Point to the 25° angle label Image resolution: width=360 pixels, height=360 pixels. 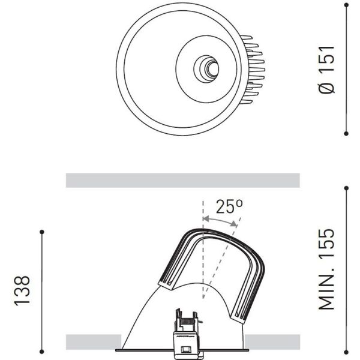coord(229,207)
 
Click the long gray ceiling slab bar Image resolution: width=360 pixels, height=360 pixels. coord(182,180)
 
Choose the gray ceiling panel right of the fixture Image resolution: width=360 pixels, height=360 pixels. coord(272,341)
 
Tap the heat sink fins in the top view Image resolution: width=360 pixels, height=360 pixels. coord(254,69)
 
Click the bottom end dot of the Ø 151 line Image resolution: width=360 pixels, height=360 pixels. coord(346,133)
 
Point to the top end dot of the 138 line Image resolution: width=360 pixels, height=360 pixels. coord(41,232)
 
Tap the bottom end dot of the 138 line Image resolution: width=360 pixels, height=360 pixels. coord(41,350)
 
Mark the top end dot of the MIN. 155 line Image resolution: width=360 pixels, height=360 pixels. coord(346,188)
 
